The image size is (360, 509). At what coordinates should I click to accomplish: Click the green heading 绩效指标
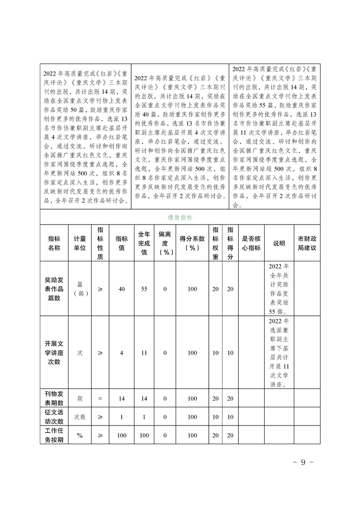pos(180,217)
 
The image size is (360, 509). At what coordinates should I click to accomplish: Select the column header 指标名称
pos(54,243)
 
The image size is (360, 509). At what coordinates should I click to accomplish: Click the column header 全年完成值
pos(144,243)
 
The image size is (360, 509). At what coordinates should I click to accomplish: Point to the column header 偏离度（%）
pos(165,243)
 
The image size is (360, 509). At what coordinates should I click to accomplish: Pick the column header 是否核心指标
pos(251,243)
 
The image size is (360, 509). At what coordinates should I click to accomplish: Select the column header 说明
pos(279,243)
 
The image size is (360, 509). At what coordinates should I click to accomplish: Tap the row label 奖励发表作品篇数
pos(54,289)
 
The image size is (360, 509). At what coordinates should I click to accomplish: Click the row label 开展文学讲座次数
pos(54,353)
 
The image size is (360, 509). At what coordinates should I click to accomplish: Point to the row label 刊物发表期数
pos(54,398)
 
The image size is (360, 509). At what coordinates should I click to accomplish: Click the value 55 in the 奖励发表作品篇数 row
pos(144,289)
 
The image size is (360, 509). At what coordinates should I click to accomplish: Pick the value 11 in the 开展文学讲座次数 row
pos(144,353)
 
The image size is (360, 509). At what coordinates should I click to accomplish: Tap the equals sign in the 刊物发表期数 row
pos(100,399)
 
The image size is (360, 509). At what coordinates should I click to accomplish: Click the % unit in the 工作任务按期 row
pos(80,435)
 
